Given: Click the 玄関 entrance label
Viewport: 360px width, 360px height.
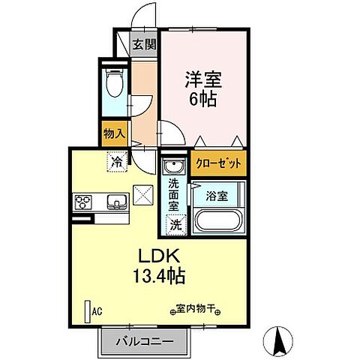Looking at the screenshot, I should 145,44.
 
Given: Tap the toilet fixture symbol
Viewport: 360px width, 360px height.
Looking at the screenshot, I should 113,85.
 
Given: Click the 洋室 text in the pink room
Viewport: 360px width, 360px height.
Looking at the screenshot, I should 201,77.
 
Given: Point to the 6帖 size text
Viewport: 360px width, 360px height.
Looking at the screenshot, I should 201,98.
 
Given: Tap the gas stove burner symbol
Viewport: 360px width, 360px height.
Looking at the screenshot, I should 83,201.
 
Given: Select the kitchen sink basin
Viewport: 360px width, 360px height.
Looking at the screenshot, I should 116,201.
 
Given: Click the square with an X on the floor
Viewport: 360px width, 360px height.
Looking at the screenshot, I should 142,195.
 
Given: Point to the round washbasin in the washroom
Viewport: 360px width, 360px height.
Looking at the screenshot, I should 174,166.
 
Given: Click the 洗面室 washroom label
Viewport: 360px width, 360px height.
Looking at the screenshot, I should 174,194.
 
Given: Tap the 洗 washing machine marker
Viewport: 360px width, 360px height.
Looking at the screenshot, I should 174,223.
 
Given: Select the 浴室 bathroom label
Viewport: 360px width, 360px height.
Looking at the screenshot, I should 217,197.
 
